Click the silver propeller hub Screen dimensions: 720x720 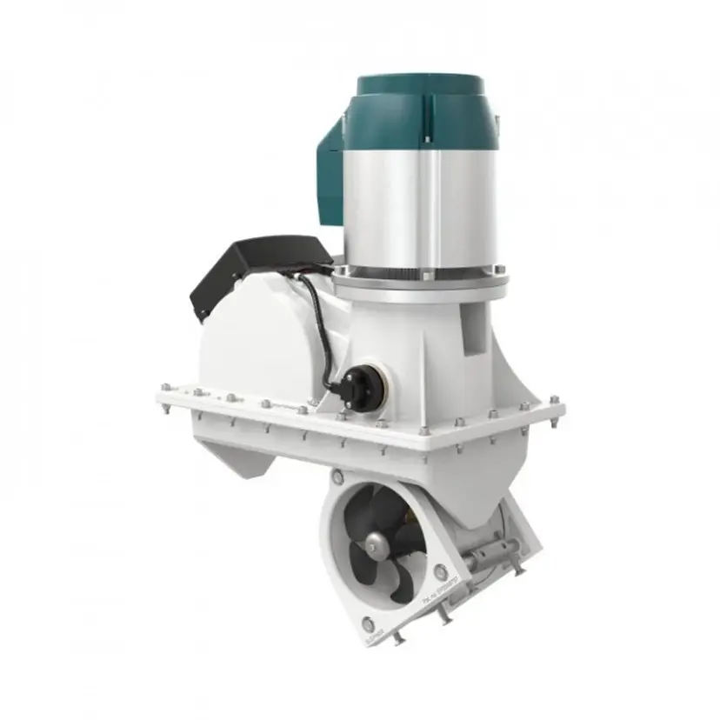[377, 543]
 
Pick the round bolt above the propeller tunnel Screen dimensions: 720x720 [337, 477]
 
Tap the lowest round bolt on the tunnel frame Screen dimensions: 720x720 [367, 623]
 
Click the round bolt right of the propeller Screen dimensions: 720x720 [441, 571]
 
